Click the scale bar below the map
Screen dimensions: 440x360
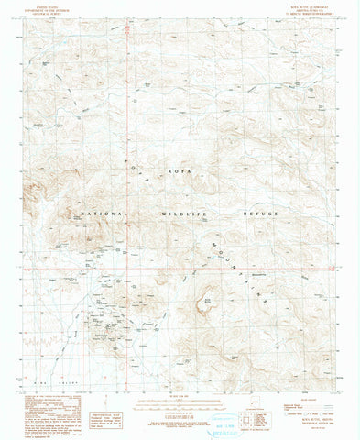180,384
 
